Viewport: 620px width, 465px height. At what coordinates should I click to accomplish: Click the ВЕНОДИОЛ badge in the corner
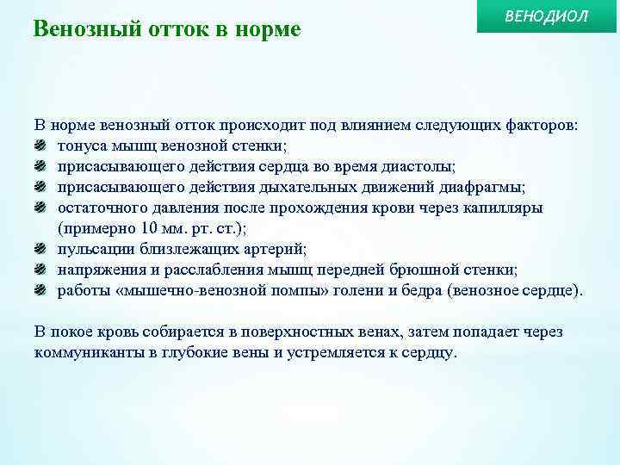click(548, 18)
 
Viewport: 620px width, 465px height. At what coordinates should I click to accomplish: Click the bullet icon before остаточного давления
click(40, 208)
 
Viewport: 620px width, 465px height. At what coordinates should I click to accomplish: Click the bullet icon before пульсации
click(40, 249)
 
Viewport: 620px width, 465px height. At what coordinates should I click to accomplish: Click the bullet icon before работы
click(40, 290)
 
